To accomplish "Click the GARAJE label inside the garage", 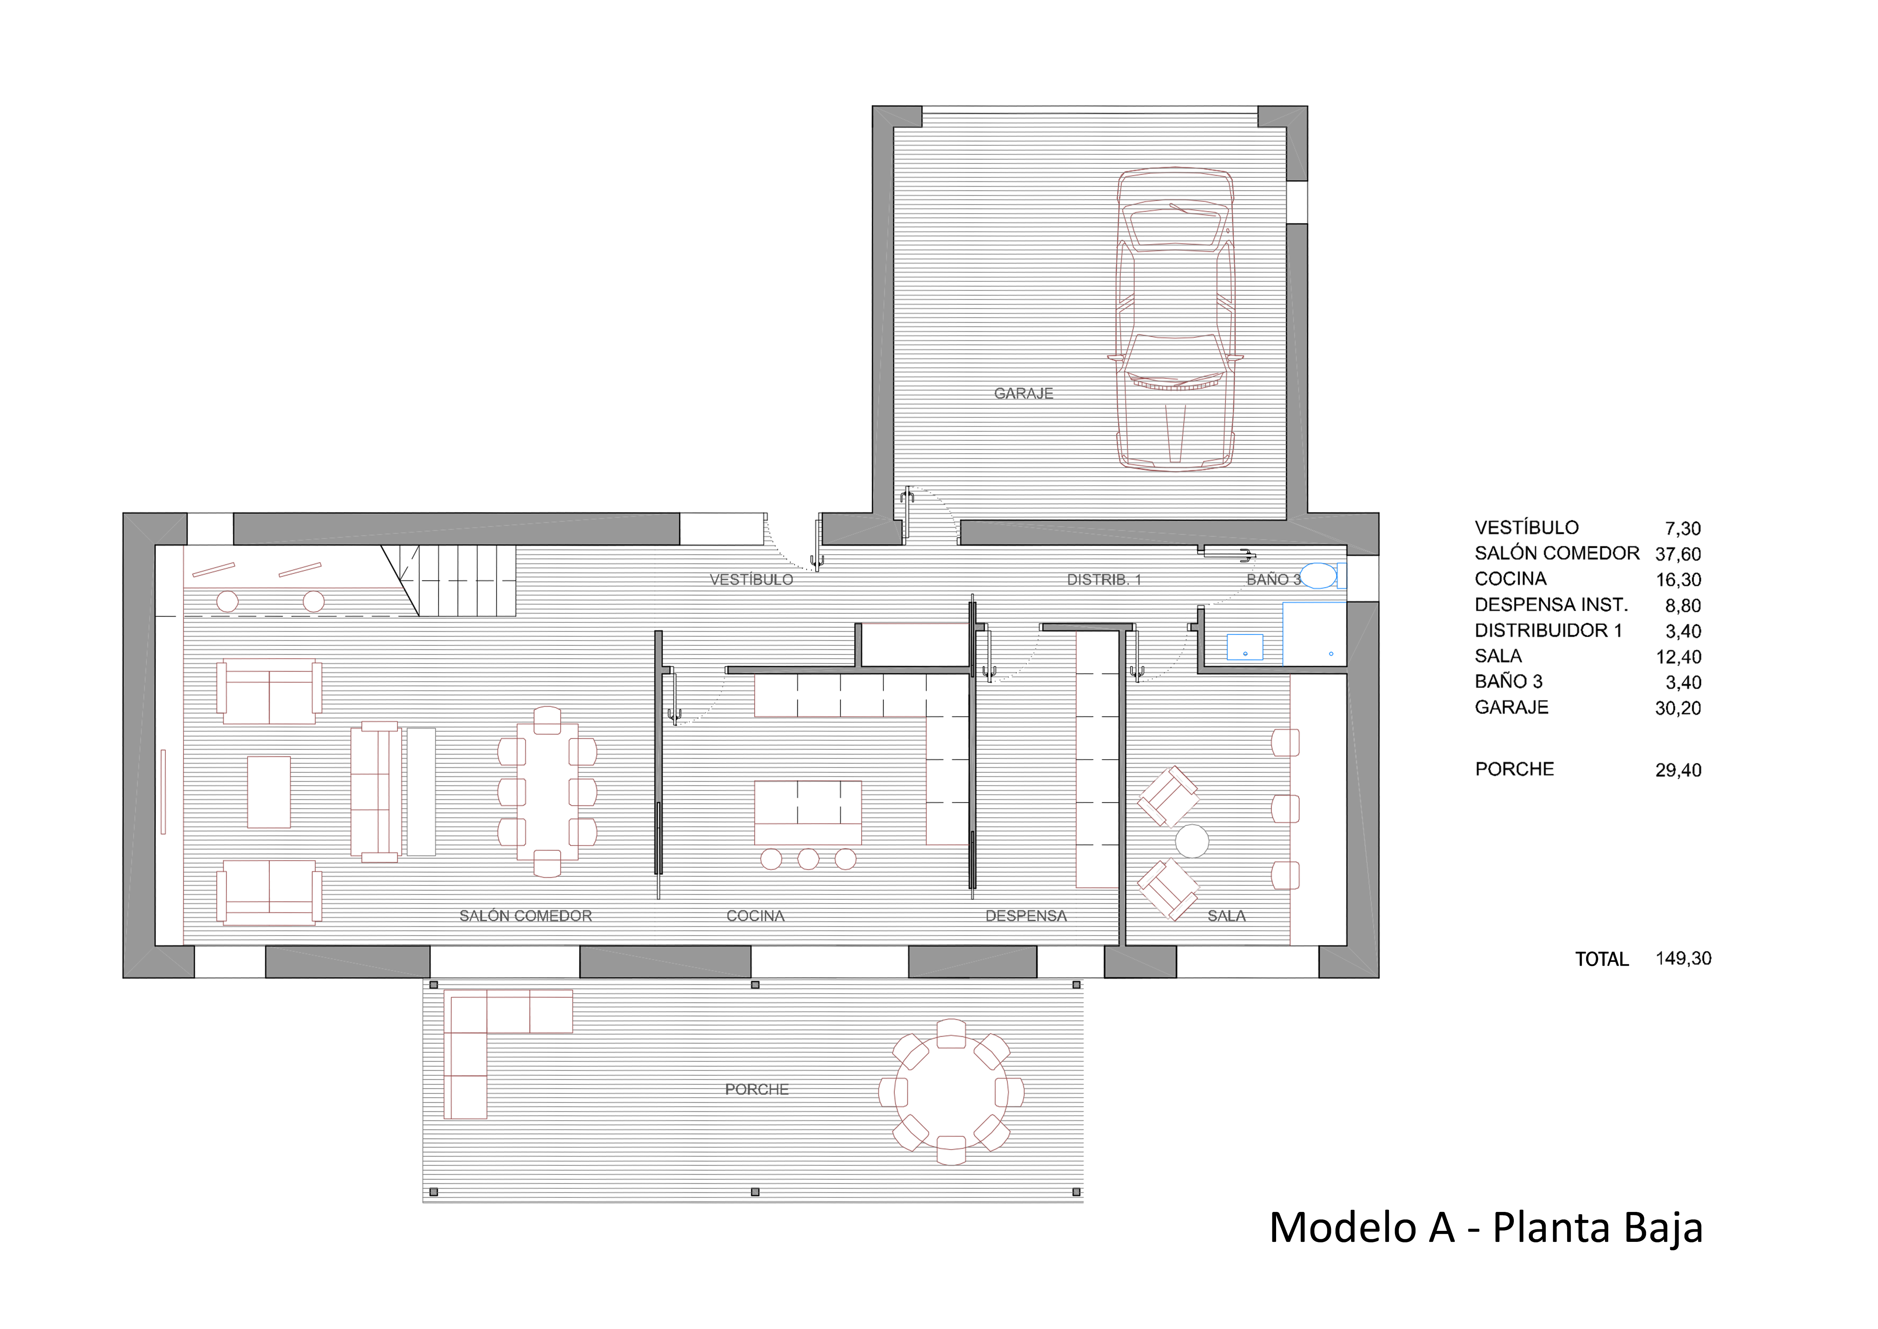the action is [x=1023, y=394].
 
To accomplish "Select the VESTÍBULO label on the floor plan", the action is [x=751, y=579].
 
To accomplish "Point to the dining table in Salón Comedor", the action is [x=547, y=791].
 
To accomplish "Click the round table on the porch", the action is [x=951, y=1092].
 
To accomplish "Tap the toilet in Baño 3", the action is [x=1323, y=576].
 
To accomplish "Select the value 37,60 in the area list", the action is [x=1678, y=554].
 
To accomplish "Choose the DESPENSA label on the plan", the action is [x=1026, y=916].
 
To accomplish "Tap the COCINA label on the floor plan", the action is [x=755, y=916].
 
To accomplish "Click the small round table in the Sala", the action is [x=1192, y=841].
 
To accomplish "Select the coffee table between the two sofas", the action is [x=269, y=792].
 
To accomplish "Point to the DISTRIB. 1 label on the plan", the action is [x=1103, y=579].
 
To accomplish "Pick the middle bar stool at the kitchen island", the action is [x=808, y=858].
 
